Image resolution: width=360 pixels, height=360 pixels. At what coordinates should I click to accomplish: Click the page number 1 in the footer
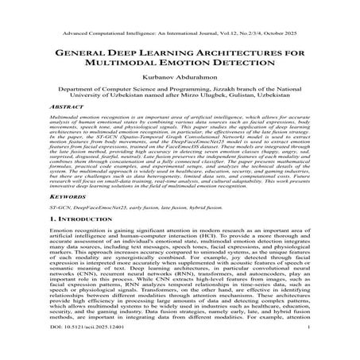pyautogui.click(x=306, y=349)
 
